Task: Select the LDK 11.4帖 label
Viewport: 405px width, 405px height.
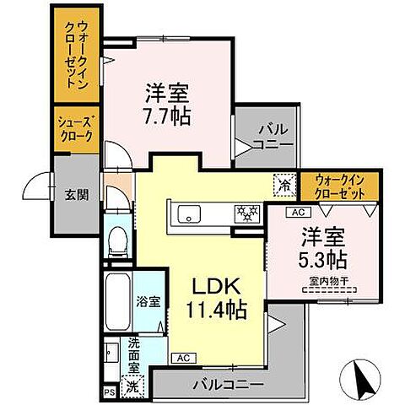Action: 215,297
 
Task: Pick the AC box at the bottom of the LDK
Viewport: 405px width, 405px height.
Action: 183,358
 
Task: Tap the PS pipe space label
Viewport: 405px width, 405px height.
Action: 109,391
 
